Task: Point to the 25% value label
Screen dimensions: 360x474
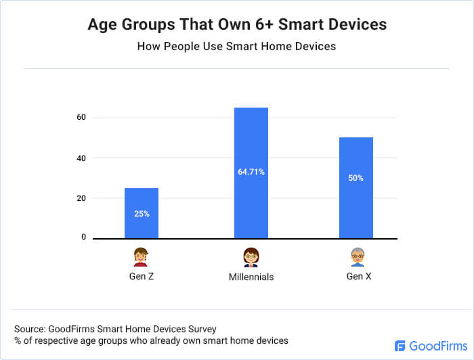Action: (x=142, y=213)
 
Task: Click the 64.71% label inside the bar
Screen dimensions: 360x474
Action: (x=251, y=172)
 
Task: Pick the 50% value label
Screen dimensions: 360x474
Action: (x=356, y=178)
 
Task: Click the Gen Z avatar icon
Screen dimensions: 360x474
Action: (x=141, y=257)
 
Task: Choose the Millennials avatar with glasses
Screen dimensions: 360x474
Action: (x=251, y=257)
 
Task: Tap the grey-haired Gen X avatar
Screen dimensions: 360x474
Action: (x=357, y=257)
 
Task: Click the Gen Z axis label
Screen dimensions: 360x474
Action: (x=141, y=277)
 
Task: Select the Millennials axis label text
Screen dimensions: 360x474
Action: (x=251, y=277)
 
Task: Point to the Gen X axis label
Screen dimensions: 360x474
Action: (x=357, y=277)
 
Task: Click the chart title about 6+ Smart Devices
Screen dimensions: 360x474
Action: (x=237, y=24)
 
